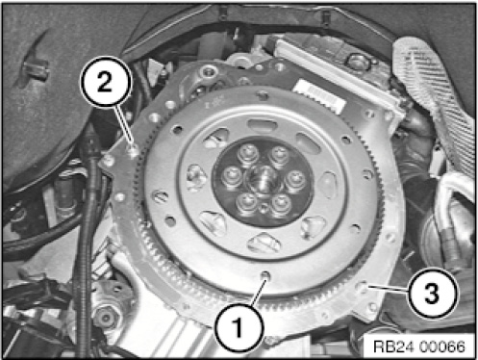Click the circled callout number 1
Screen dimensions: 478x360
tap(239, 327)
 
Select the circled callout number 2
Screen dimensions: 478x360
tap(107, 81)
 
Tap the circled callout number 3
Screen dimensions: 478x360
tap(432, 293)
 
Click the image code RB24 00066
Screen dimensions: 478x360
tap(419, 347)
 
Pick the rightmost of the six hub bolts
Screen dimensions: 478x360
tap(294, 179)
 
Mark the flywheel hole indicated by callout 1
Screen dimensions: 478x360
tap(265, 274)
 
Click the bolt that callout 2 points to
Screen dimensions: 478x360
tap(134, 149)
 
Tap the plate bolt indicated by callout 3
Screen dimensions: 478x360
tap(364, 287)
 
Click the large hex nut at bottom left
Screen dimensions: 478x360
tap(105, 318)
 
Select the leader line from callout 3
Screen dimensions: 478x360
tap(389, 288)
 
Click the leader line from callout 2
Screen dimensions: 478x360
tap(125, 126)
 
